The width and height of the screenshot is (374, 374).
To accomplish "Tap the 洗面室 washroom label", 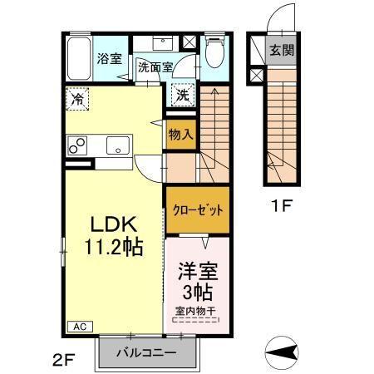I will coord(155,67).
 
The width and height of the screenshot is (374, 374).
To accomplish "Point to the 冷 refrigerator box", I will coord(76,98).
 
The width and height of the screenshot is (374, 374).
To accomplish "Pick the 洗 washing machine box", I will coord(182,95).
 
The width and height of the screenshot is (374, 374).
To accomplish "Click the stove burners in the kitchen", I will coord(77,145).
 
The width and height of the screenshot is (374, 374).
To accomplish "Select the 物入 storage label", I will coord(180,133).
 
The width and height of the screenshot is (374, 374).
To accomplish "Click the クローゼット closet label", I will coord(198,210).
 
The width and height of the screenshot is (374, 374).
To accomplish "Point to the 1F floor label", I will coord(279,203).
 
